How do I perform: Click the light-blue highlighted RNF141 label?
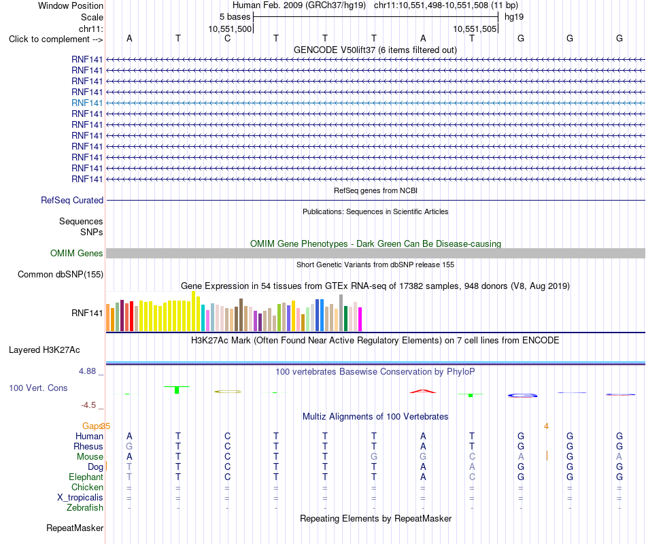pyautogui.click(x=87, y=103)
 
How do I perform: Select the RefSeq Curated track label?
pyautogui.click(x=72, y=201)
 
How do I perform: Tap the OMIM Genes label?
pyautogui.click(x=77, y=254)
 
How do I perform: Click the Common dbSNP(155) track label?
pyautogui.click(x=61, y=275)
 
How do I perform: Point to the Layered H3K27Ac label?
pyautogui.click(x=44, y=350)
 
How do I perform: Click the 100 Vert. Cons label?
pyautogui.click(x=38, y=388)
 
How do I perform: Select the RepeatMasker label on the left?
pyautogui.click(x=75, y=528)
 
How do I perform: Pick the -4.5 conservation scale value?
pyautogui.click(x=88, y=405)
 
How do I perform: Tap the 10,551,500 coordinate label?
pyautogui.click(x=230, y=29)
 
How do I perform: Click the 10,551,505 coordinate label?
pyautogui.click(x=475, y=29)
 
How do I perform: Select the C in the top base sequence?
pyautogui.click(x=227, y=38)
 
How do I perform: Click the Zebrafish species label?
pyautogui.click(x=85, y=507)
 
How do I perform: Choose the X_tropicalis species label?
pyautogui.click(x=80, y=498)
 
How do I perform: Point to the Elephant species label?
pyautogui.click(x=86, y=477)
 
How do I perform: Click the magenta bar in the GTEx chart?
pyautogui.click(x=360, y=319)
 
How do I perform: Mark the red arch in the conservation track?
pyautogui.click(x=423, y=391)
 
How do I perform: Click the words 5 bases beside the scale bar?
pyautogui.click(x=235, y=17)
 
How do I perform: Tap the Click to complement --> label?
pyautogui.click(x=56, y=39)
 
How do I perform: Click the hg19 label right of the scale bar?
pyautogui.click(x=514, y=17)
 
